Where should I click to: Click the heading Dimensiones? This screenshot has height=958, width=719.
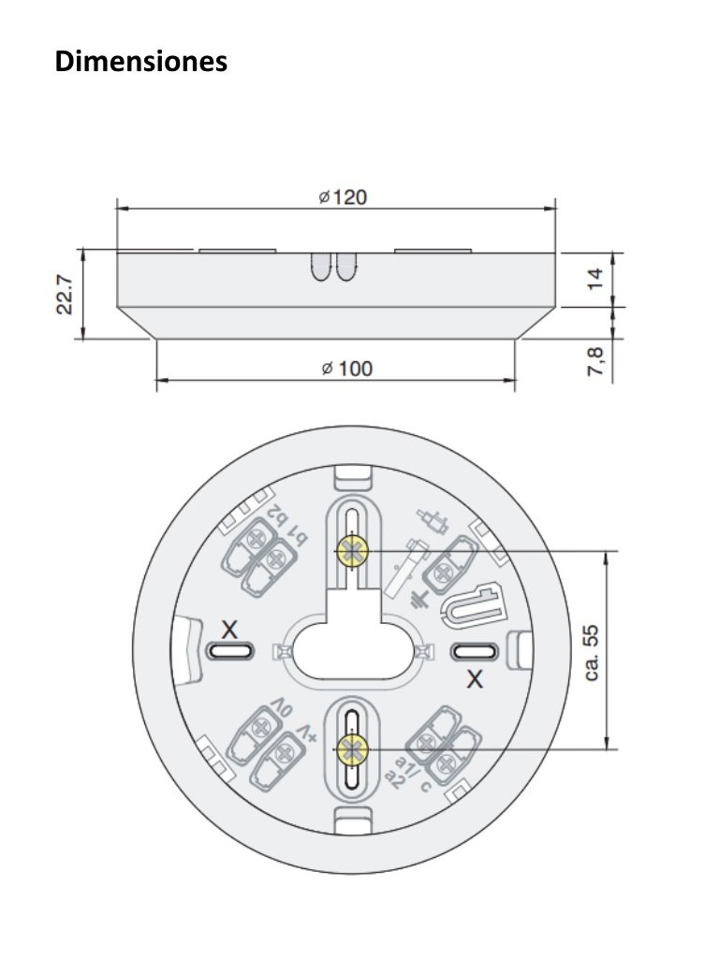point(140,62)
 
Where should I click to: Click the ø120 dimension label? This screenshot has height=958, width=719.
point(342,197)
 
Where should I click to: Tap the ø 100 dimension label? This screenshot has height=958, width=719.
point(345,369)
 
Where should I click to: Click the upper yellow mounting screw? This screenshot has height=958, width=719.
point(352,552)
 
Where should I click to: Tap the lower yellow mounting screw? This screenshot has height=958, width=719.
point(352,748)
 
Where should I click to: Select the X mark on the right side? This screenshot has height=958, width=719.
point(476,679)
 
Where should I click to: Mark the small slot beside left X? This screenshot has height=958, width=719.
point(225,651)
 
